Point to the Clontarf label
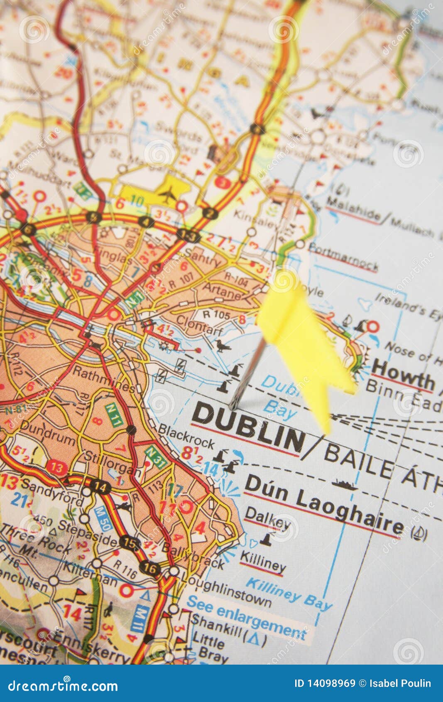(x=200, y=324)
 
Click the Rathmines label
(x=103, y=379)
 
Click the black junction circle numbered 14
(x=100, y=486)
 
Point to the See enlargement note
(x=246, y=618)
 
